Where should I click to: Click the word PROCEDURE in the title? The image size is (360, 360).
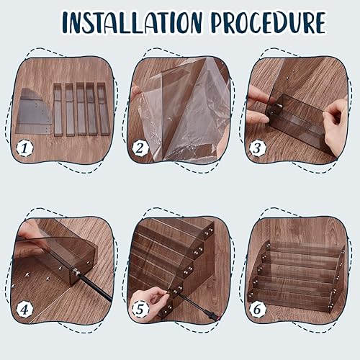point(269,22)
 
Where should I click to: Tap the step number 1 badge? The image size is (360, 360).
point(24,148)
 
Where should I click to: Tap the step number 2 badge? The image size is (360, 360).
point(140,148)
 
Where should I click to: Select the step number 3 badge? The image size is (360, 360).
point(257,148)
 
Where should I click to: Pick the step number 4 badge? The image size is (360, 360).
point(24,310)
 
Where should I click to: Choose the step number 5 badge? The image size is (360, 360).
point(140,310)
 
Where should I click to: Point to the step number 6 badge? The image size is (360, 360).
point(257,310)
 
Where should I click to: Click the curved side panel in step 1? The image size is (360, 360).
point(34,111)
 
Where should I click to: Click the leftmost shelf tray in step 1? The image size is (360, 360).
point(58,109)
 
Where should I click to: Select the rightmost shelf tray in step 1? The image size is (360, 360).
point(104,109)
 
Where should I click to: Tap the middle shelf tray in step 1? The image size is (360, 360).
point(81,109)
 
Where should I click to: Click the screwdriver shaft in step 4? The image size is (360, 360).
point(95,287)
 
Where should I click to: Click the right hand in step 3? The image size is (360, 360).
point(335,128)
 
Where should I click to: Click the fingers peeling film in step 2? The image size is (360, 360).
point(136,91)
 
